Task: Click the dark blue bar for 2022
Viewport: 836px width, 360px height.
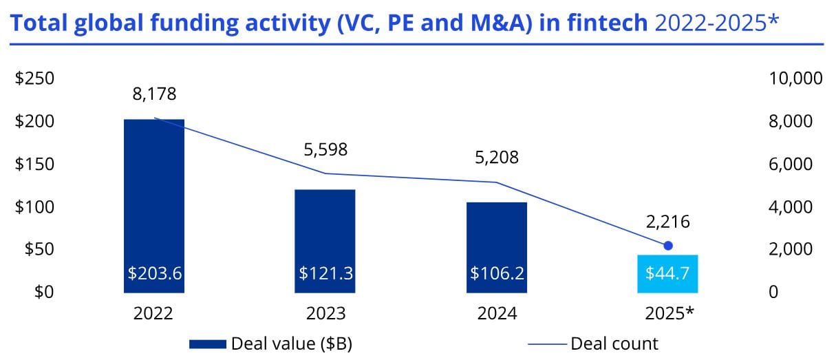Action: [154, 200]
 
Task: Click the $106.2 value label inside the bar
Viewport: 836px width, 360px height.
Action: [497, 273]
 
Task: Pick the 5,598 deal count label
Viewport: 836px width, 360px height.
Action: [325, 149]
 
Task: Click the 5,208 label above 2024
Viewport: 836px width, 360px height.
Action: [497, 158]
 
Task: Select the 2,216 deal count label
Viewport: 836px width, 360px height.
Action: [667, 222]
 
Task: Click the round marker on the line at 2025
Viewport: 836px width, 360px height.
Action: [667, 246]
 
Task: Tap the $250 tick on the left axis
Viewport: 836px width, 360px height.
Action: [34, 78]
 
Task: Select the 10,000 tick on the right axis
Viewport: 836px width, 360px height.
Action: [795, 78]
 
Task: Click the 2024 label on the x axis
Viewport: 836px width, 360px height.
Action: [497, 314]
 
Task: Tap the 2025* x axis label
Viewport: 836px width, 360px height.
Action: [669, 314]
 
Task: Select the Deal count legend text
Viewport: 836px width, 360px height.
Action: [614, 343]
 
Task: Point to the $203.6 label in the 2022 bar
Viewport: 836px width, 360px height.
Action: [154, 273]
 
